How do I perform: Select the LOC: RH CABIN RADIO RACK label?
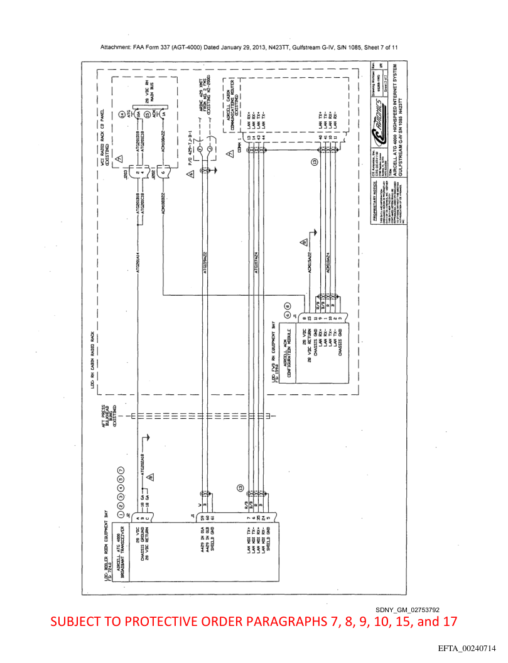click(x=92, y=362)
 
